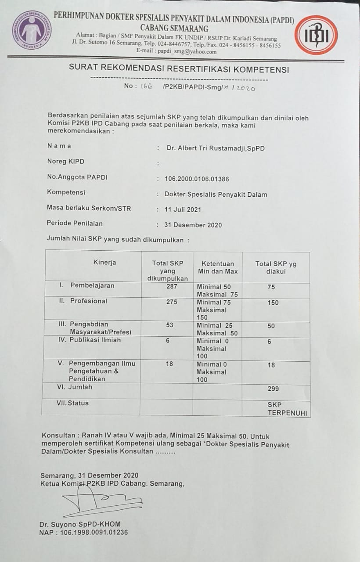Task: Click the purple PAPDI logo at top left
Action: tap(31, 30)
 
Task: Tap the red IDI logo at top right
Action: tap(316, 35)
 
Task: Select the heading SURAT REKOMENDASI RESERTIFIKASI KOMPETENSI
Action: tap(179, 69)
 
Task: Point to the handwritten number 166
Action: tap(146, 87)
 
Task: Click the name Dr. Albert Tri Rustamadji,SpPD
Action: tap(215, 148)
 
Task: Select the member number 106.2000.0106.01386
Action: tap(197, 179)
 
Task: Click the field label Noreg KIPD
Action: tap(65, 162)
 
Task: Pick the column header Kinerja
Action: tap(104, 263)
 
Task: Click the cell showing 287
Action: tap(172, 286)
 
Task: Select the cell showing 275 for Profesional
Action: tap(172, 302)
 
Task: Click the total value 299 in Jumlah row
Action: tap(273, 389)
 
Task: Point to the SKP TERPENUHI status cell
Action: tap(288, 409)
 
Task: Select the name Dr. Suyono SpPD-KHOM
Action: tap(79, 524)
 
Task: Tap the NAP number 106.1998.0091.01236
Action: tap(83, 533)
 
